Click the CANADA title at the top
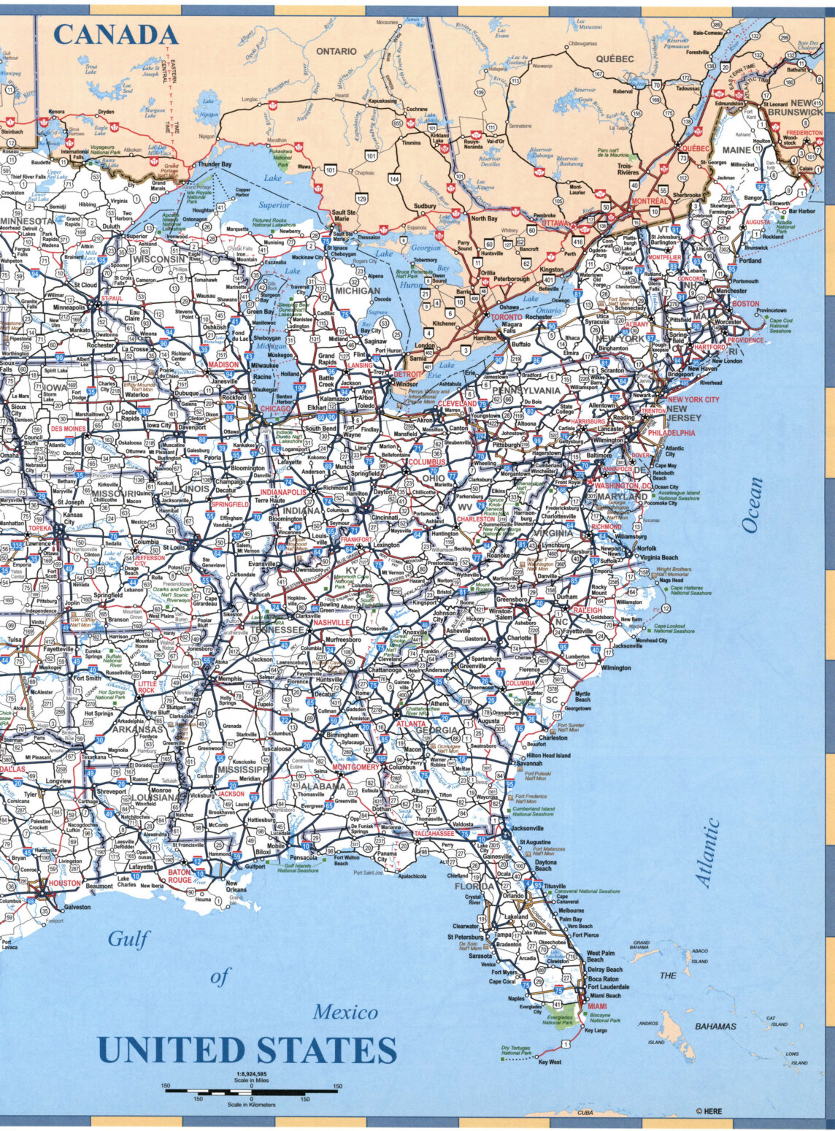115,34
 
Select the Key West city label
550,1062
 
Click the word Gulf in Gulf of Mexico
129,939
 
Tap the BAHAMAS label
715,1027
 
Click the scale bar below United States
251,1091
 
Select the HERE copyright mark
709,1111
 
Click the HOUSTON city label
65,883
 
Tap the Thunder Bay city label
215,164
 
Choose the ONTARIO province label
336,51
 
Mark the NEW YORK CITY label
693,399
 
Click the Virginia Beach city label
659,556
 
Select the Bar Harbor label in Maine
801,211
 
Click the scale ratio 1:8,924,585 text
251,1074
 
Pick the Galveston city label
77,908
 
